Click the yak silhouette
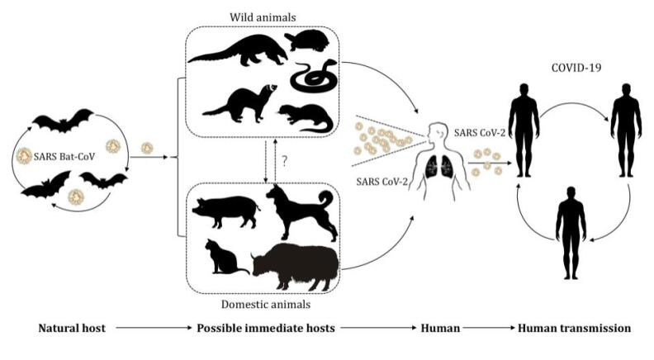pyautogui.click(x=298, y=263)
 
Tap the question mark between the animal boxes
pyautogui.click(x=284, y=163)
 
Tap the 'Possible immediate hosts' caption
pyautogui.click(x=266, y=328)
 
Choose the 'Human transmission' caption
pyautogui.click(x=574, y=328)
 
